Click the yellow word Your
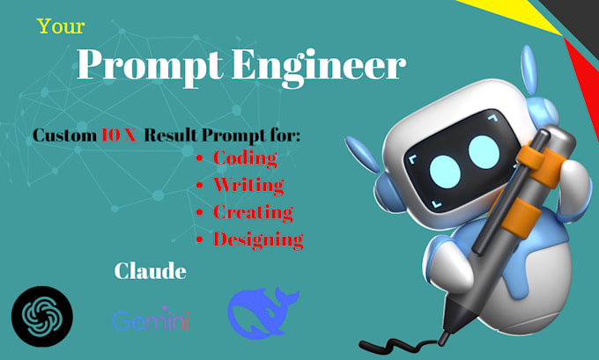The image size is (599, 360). (61, 26)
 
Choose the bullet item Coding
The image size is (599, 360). (245, 158)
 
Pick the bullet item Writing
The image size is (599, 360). (248, 185)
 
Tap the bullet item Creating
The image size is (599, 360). (253, 211)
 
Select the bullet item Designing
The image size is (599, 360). (258, 239)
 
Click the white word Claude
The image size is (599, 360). (150, 271)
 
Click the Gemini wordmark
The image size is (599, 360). (150, 320)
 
